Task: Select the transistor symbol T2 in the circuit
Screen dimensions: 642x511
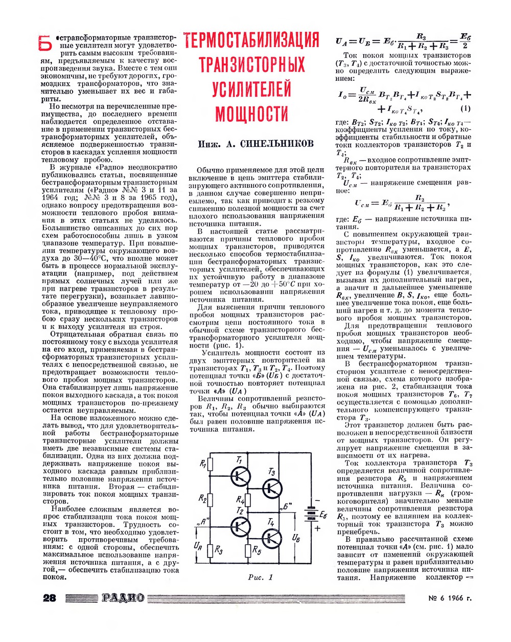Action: coord(239,525)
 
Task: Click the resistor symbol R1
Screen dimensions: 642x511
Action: coord(213,466)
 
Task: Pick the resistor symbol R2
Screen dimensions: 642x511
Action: coord(213,498)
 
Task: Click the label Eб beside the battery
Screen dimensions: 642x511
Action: coord(322,515)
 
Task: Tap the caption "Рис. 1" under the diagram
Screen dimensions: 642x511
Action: coord(261,578)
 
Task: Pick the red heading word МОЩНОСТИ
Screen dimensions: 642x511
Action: coord(251,113)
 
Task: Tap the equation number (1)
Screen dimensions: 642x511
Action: coord(465,108)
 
